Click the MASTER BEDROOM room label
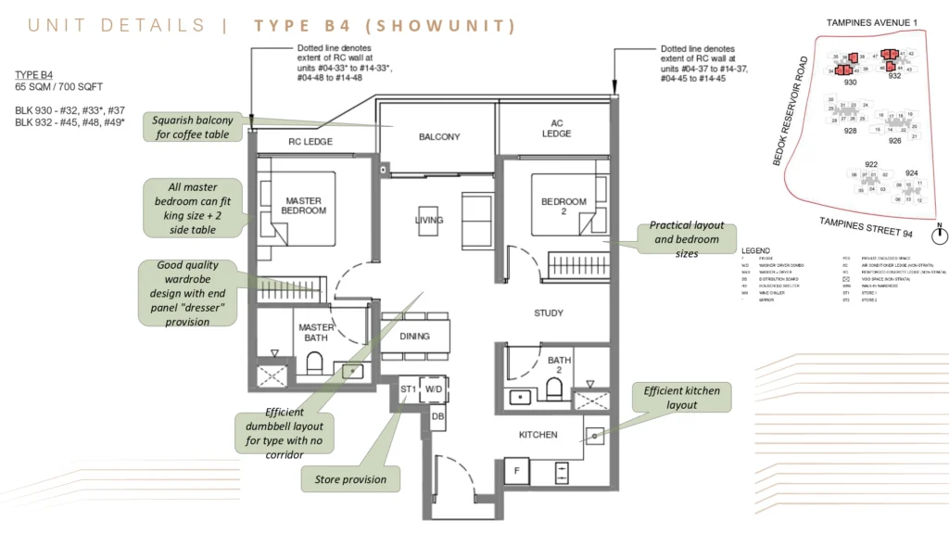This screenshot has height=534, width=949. (304, 205)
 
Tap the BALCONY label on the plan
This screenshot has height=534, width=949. (438, 137)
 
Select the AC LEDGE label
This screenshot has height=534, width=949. (556, 129)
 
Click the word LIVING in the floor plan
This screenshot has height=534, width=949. (428, 221)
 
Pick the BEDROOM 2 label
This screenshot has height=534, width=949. (563, 207)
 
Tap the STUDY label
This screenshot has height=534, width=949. (549, 313)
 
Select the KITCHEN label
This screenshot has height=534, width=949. (538, 435)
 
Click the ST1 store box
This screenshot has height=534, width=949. (408, 390)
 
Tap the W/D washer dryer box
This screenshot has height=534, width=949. (434, 390)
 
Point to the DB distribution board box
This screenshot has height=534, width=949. (437, 418)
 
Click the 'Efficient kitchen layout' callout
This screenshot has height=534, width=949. (681, 398)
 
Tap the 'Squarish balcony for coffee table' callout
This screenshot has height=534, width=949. (200, 126)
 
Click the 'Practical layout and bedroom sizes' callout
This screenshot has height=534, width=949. (686, 239)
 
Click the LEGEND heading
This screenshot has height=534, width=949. (757, 251)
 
